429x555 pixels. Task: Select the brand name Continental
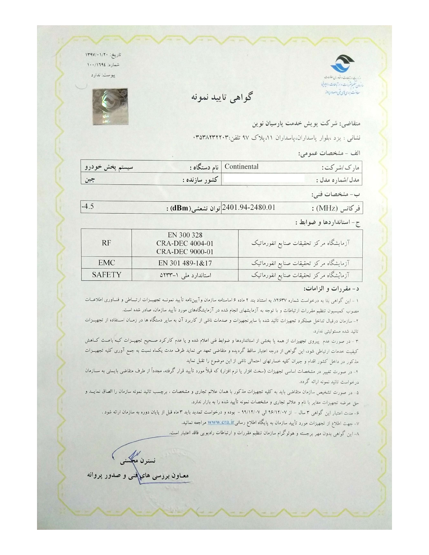[x=242, y=166]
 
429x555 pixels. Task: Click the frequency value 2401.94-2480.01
[x=249, y=208]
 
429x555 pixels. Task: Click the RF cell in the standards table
[x=106, y=243]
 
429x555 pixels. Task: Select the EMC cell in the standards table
[x=106, y=263]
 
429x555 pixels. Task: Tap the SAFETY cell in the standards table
[x=106, y=275]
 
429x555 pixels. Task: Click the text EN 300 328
[x=185, y=235]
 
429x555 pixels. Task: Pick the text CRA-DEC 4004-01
[x=185, y=243]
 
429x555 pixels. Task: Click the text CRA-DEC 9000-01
[x=185, y=251]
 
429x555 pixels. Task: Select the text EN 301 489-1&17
[x=185, y=263]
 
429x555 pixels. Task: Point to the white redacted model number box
[x=264, y=179]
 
